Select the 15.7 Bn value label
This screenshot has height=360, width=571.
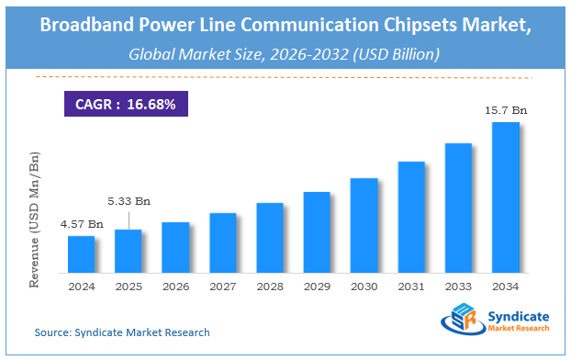coord(506,109)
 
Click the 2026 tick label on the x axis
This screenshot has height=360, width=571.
coord(175,287)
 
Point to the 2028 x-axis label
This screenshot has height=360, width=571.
coord(270,287)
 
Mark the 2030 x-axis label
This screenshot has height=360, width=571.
coord(364,287)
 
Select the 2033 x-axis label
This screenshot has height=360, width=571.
coord(459,287)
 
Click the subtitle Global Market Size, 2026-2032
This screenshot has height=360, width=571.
coord(285,54)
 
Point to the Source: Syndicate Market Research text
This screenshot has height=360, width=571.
coord(122,332)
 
